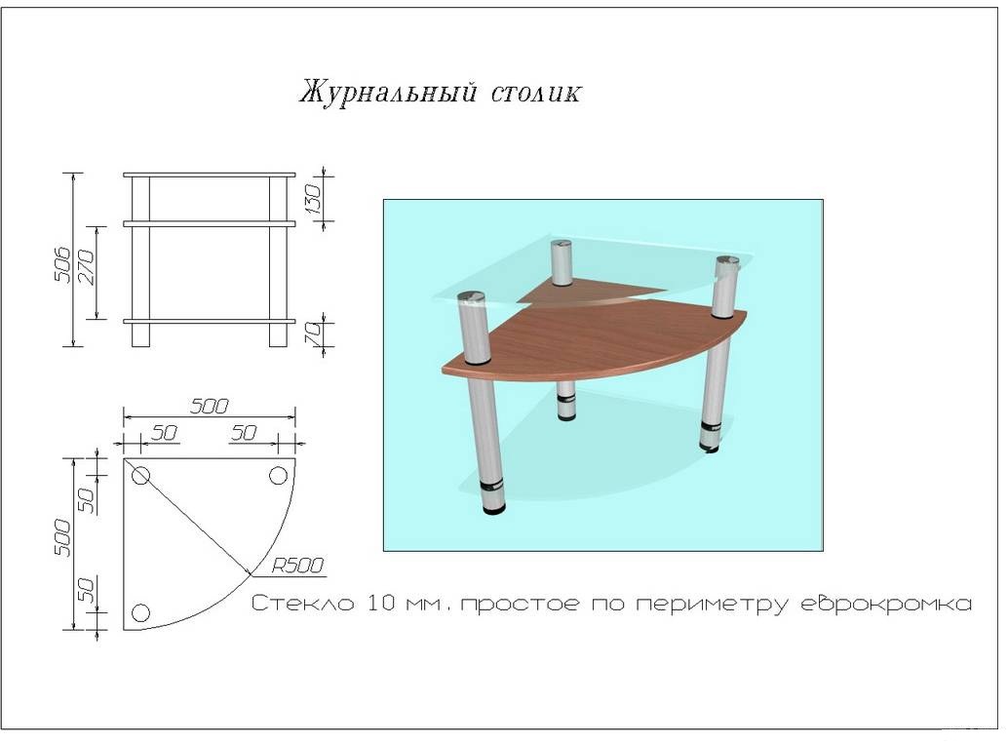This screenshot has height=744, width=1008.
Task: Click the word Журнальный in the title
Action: coord(388,92)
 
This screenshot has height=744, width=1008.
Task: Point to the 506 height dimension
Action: coord(62,263)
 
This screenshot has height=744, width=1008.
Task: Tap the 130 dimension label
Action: coord(313,199)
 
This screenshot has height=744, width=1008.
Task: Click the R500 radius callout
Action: coord(297,566)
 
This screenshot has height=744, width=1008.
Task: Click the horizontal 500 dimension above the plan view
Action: coord(209,407)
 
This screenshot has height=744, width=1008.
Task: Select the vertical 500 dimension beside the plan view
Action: coord(63,537)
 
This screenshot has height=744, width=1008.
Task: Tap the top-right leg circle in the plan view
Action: coord(279,476)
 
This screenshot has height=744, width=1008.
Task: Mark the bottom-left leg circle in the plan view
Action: coord(140,612)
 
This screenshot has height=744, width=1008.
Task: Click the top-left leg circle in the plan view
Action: coord(140,476)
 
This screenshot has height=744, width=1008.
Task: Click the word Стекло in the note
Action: coord(302,604)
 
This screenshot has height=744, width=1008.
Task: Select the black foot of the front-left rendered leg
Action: coord(493,510)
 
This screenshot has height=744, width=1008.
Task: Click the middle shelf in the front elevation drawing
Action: coord(210,223)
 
